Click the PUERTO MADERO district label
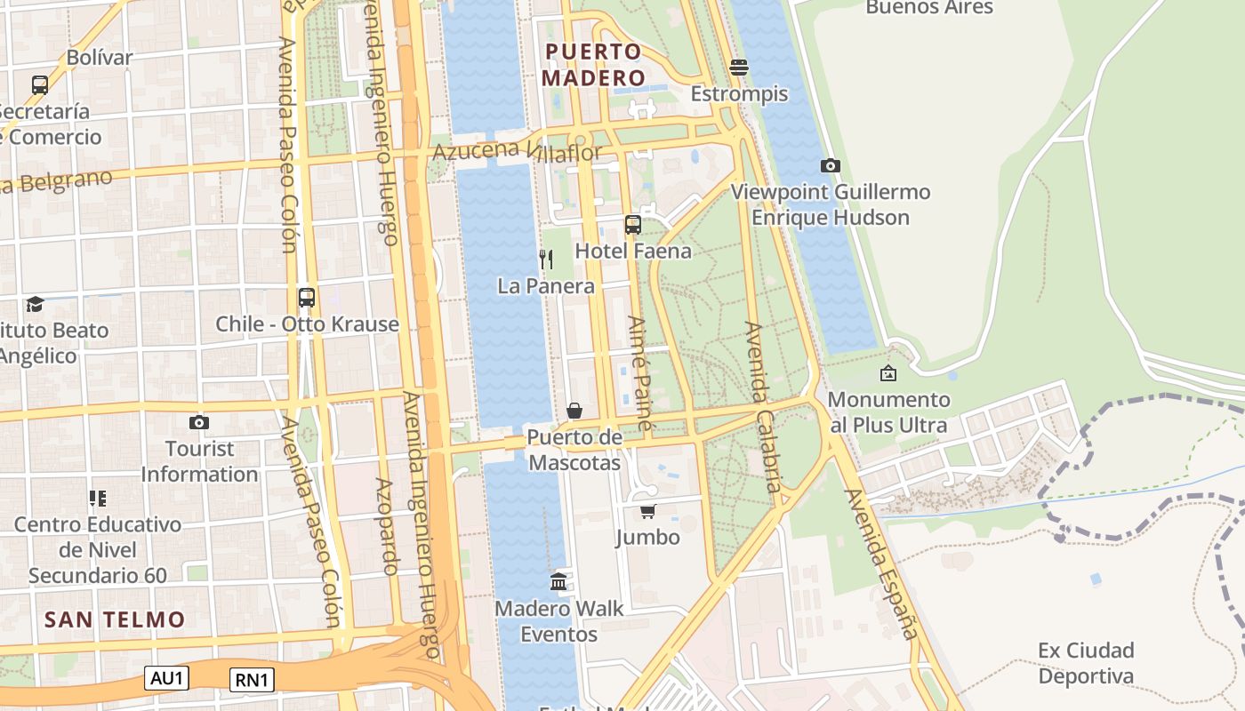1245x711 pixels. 594,65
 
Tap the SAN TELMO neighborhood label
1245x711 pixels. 115,619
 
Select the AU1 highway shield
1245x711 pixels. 167,678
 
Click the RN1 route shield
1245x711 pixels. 252,680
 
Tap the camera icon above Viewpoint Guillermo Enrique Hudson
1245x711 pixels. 830,165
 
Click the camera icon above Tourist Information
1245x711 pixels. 199,422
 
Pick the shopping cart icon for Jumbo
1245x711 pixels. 648,511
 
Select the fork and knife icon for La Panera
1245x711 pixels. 546,260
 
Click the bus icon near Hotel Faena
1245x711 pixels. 633,225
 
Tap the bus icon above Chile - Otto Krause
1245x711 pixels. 307,298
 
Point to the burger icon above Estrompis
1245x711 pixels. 739,68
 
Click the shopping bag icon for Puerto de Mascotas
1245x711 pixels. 574,411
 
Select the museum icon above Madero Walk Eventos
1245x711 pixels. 558,582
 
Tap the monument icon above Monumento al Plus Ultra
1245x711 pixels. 888,373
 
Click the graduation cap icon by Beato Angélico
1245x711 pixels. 35,304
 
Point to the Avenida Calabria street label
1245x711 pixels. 765,407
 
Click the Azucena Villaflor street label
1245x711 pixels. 518,150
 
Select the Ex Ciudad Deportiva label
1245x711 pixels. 1086,663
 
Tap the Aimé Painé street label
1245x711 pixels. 639,372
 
